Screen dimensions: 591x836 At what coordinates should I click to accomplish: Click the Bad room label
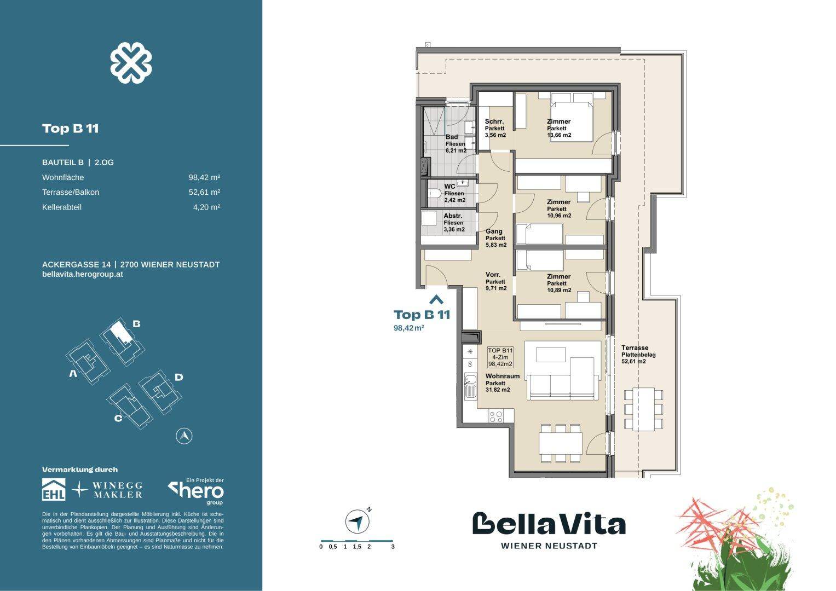click(452, 137)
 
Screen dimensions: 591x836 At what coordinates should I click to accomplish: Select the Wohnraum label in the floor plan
click(502, 376)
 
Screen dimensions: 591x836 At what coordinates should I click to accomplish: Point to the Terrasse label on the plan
click(635, 348)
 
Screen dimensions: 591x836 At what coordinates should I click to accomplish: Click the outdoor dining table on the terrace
click(643, 408)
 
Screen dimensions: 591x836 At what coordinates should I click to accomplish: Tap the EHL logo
click(54, 489)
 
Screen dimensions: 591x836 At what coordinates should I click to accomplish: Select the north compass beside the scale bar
click(357, 522)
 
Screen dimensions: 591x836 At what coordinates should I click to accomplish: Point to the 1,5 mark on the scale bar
click(357, 546)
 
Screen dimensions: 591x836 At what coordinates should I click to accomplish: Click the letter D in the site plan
click(178, 377)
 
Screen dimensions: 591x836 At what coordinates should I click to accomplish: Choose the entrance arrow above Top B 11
click(436, 299)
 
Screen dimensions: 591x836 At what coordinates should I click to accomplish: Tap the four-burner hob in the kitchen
click(496, 416)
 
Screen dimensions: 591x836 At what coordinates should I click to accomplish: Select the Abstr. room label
click(453, 216)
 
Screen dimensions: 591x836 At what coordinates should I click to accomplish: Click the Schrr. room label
click(494, 122)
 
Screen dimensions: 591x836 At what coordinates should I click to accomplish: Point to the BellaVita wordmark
click(549, 524)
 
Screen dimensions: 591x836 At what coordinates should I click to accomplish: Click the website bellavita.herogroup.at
click(82, 274)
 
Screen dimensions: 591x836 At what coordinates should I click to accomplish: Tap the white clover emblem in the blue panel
click(131, 63)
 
